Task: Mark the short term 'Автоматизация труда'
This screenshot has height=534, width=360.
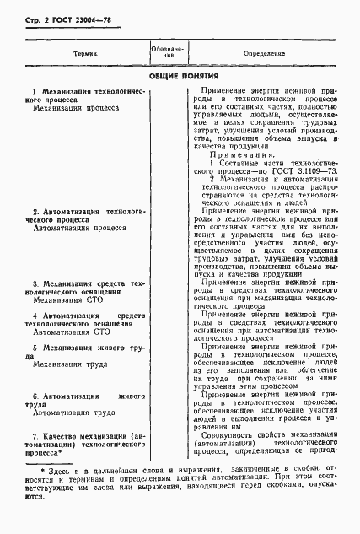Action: [70, 413]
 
